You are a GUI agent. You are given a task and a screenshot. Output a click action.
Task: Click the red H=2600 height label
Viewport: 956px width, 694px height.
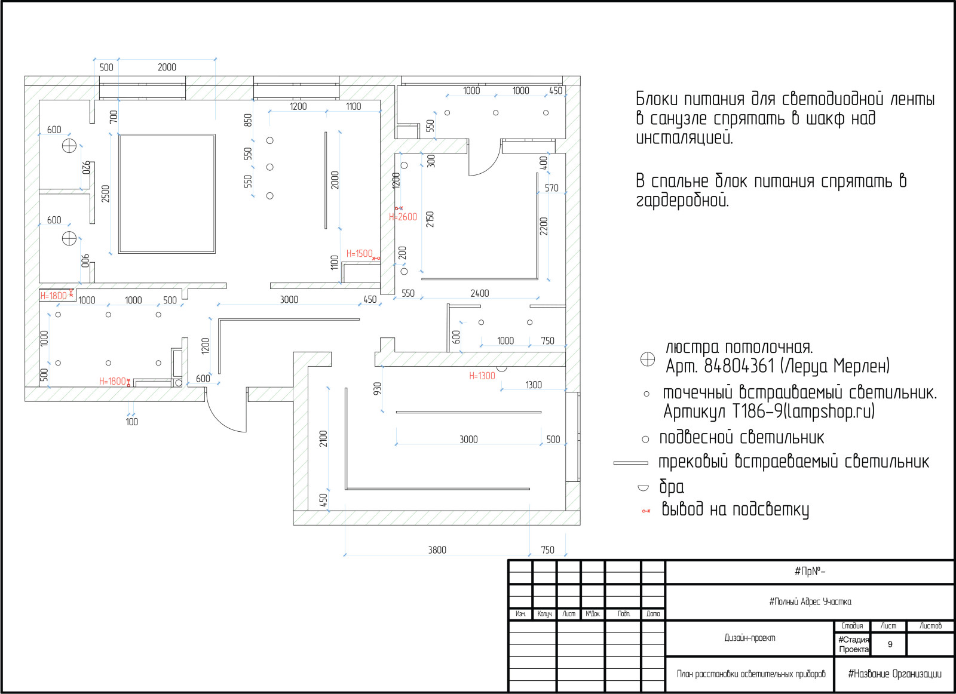[x=403, y=217]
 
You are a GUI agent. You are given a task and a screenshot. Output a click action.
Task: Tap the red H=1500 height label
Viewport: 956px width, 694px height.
[x=359, y=253]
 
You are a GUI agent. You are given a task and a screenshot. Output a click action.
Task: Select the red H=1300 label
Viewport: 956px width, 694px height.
[x=482, y=376]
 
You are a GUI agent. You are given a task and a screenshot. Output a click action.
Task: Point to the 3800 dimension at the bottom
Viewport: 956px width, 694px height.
[x=437, y=550]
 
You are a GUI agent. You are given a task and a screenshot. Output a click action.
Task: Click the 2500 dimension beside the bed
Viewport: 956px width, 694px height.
[x=105, y=194]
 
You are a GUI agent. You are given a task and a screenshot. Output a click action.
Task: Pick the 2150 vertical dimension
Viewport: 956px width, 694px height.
[x=430, y=219]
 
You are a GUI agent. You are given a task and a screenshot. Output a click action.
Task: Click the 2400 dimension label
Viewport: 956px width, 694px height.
[x=480, y=293]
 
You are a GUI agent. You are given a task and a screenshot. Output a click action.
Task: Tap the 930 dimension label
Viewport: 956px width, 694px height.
[x=377, y=388]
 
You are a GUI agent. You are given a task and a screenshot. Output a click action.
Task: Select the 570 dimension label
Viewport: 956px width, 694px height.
[x=551, y=188]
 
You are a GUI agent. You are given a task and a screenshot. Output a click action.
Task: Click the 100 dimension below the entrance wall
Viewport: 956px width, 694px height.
[x=132, y=422]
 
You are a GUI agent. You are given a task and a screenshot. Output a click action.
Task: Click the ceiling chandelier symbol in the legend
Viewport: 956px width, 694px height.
[x=648, y=359]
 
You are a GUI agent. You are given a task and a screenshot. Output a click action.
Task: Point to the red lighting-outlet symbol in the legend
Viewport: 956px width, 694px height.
[x=646, y=511]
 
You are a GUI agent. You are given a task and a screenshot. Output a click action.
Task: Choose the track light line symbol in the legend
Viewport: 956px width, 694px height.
[x=630, y=463]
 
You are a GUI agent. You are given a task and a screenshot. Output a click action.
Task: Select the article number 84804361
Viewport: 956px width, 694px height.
[x=739, y=366]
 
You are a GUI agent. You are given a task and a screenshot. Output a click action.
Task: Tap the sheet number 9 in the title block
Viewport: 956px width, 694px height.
[x=890, y=644]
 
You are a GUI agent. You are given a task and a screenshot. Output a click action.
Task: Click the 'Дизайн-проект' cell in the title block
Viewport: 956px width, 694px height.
[x=749, y=638]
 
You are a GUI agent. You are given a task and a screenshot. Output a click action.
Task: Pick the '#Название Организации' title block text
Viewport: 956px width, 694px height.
[x=894, y=674]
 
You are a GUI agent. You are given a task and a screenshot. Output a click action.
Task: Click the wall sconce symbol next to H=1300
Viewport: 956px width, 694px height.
[x=501, y=369]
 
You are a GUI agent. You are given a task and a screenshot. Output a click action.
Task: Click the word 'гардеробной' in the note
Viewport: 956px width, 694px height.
[x=682, y=200]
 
